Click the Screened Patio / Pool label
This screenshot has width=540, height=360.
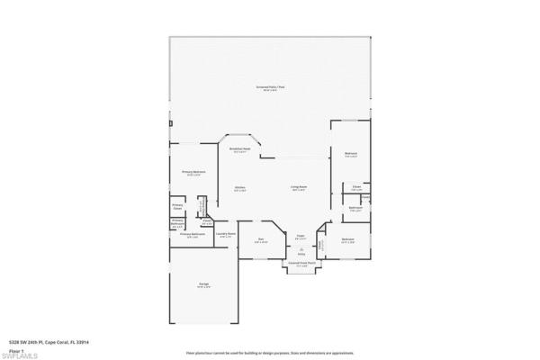(x=269, y=87)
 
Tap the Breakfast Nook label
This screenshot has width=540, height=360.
(x=239, y=150)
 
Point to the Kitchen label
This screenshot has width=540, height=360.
(x=240, y=189)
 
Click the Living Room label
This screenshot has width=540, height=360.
(x=298, y=189)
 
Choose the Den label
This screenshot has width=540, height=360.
(x=261, y=239)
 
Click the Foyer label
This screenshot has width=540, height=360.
(x=301, y=238)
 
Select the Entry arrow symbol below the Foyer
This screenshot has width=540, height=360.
(x=301, y=250)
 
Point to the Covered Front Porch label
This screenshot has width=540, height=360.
(x=298, y=265)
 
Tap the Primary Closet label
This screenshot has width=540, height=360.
(x=177, y=205)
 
